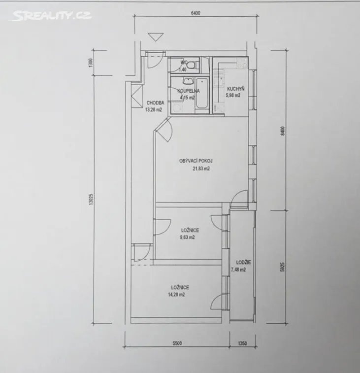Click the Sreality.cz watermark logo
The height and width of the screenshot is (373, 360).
(50, 16)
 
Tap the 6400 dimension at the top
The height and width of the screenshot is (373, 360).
(195, 13)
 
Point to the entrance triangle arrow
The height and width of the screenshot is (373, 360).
(156, 37)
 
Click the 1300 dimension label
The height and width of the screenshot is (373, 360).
(90, 63)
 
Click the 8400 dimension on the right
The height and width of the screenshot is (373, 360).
(283, 131)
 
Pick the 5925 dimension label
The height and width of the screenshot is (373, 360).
(283, 267)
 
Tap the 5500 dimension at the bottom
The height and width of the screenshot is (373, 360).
(177, 343)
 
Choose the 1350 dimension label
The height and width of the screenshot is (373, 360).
(242, 343)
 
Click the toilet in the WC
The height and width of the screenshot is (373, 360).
(192, 65)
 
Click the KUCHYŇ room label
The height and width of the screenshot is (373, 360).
(235, 89)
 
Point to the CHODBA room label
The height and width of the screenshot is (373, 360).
(155, 103)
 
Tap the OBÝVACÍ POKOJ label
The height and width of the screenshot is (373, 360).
(196, 161)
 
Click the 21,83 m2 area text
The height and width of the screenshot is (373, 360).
(201, 169)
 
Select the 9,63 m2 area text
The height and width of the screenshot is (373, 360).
(188, 237)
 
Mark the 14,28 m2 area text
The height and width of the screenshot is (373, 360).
(176, 295)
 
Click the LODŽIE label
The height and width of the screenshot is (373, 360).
(243, 263)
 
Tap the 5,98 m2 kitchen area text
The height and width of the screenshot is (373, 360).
(233, 96)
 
